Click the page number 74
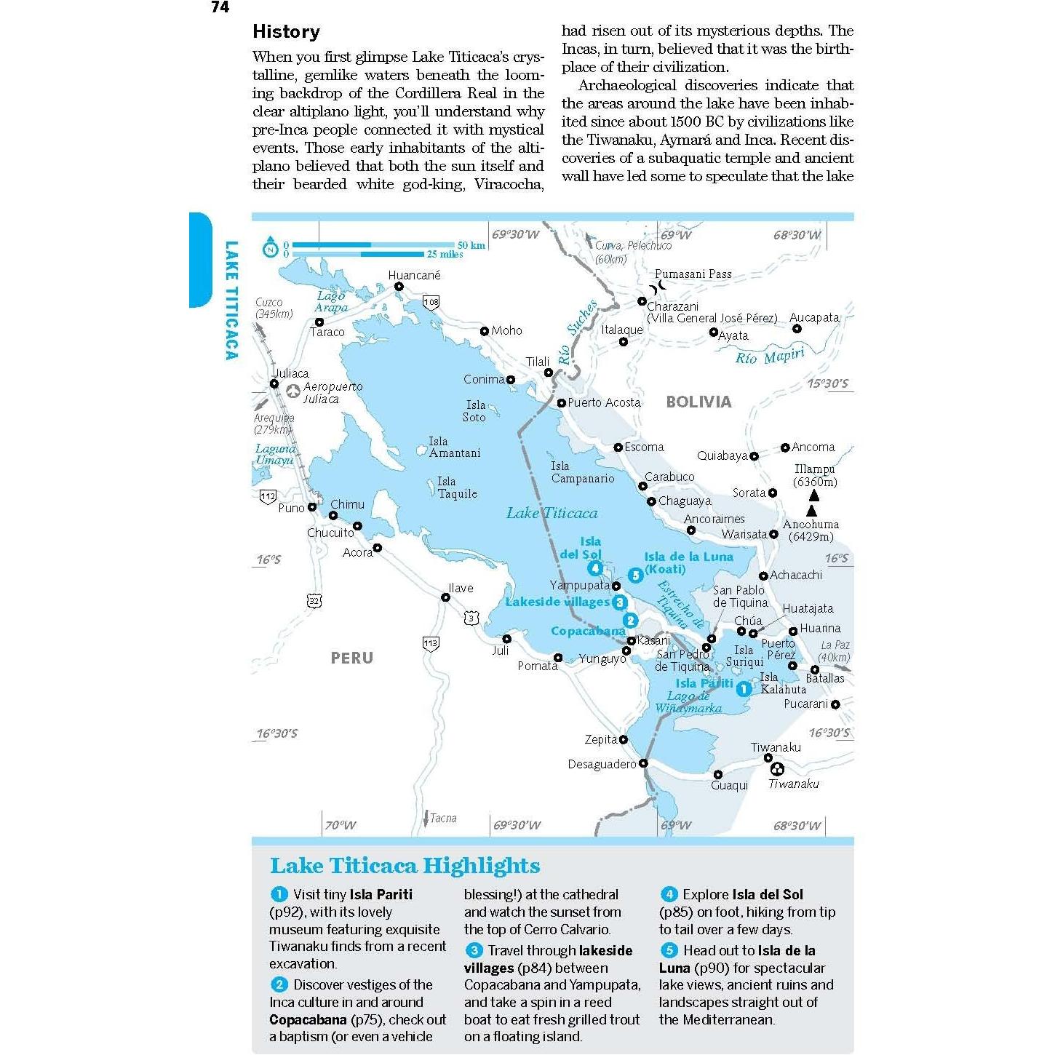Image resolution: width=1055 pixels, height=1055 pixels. (220, 7)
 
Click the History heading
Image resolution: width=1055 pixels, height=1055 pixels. (286, 31)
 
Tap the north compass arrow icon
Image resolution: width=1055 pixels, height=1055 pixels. (271, 248)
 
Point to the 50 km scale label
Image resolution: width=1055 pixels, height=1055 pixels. (471, 245)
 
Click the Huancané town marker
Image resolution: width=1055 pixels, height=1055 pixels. (399, 287)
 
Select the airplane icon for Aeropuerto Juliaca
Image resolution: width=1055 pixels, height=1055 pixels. (292, 391)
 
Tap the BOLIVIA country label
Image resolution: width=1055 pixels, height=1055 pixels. (698, 402)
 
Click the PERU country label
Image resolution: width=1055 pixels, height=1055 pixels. (351, 658)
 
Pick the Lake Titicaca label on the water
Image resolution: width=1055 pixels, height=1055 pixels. (552, 513)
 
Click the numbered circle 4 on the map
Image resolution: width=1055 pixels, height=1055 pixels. (595, 568)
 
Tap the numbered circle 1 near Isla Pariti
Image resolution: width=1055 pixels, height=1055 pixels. (743, 688)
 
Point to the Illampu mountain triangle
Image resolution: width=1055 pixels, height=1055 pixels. (814, 495)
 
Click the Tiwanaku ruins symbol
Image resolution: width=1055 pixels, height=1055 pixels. (778, 769)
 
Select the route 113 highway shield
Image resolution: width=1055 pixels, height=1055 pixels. (431, 643)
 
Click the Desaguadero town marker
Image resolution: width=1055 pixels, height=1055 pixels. (643, 763)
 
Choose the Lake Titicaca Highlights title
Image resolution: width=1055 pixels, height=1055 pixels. (405, 865)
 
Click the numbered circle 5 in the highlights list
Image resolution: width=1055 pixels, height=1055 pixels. (669, 950)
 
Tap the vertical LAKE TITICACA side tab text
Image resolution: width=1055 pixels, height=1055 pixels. (231, 300)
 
